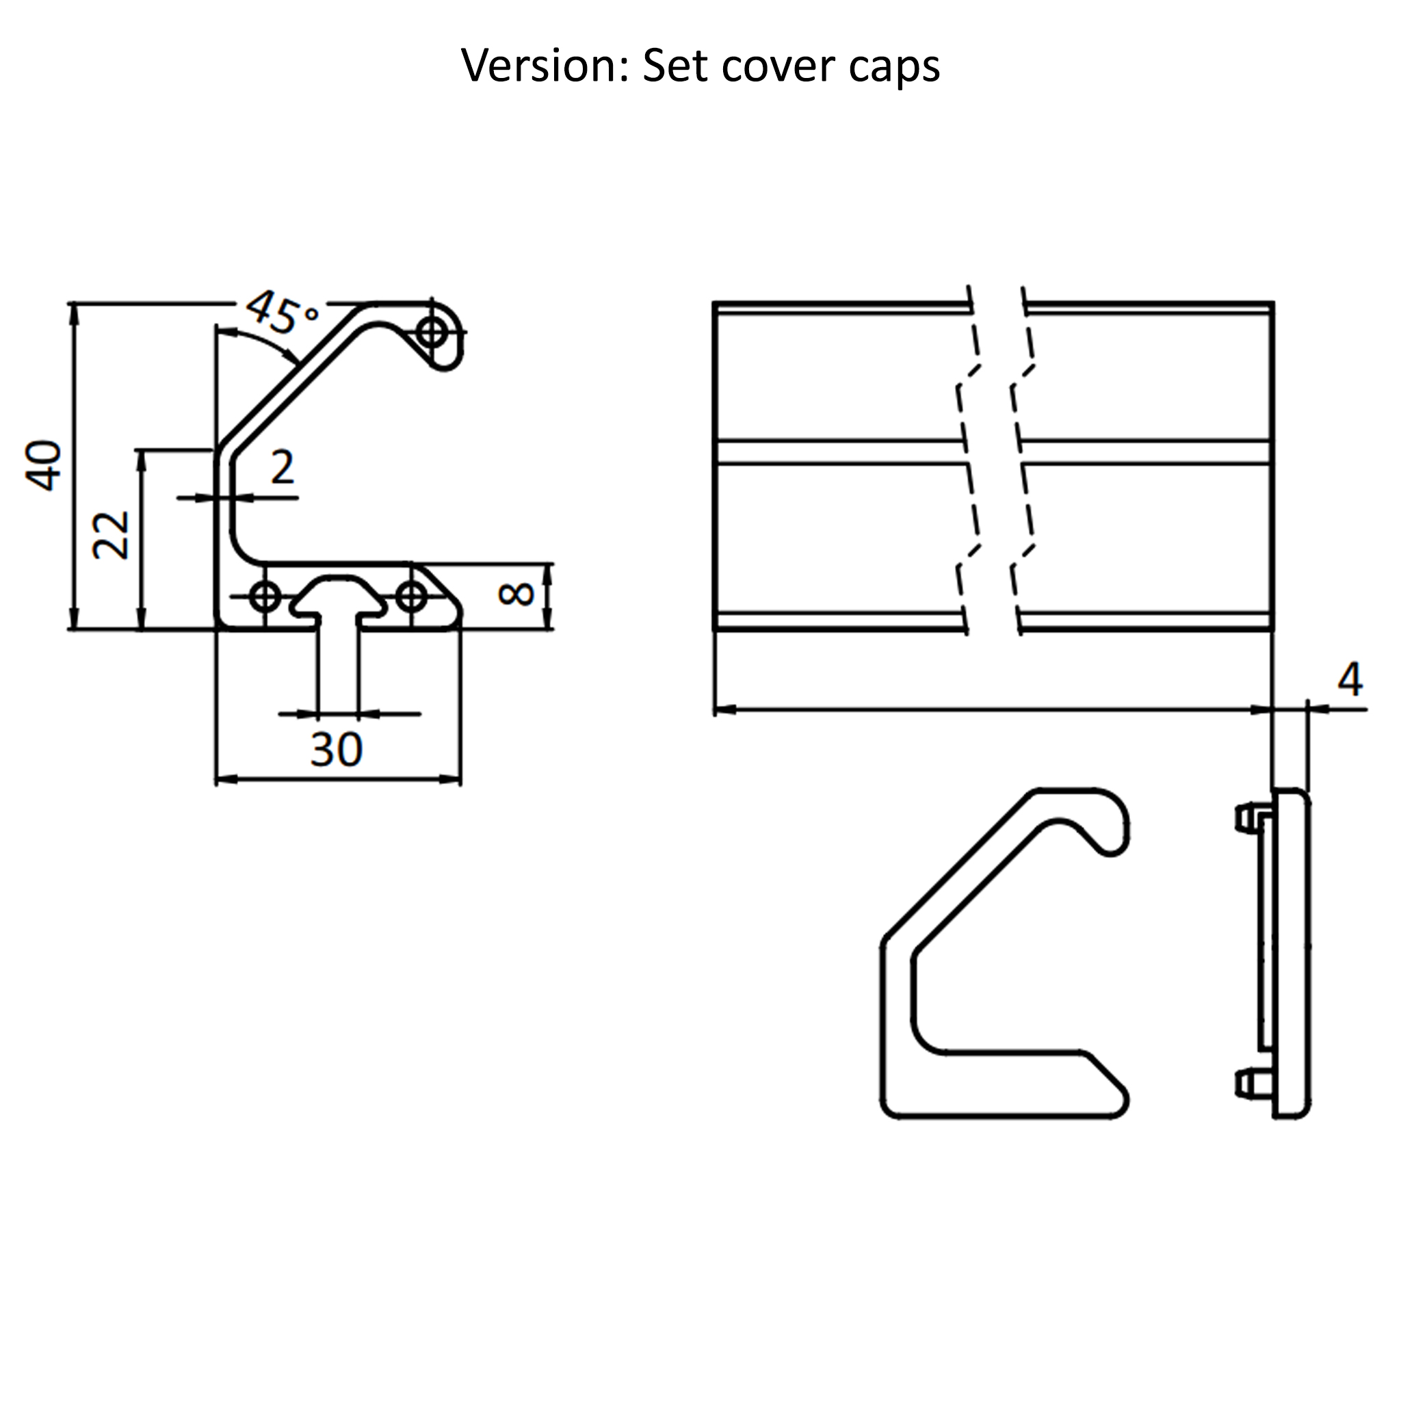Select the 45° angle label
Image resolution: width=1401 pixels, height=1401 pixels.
coord(280,313)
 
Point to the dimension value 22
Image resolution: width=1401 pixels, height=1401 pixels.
coord(112,535)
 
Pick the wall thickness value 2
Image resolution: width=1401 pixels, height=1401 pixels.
coord(283,468)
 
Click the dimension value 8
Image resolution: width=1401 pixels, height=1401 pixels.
coord(516,594)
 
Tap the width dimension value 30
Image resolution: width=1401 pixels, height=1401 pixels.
coord(336,750)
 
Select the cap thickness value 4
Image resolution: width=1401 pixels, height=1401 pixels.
coord(1350,680)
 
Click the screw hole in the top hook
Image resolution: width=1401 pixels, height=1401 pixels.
coord(433,333)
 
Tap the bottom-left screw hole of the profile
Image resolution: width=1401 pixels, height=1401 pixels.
coord(266,597)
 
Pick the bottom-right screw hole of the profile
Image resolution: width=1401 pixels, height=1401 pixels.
coord(411,597)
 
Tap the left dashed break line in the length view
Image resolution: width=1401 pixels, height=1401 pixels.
coord(968,464)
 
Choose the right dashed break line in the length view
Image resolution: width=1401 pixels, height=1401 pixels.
coord(1023,464)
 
